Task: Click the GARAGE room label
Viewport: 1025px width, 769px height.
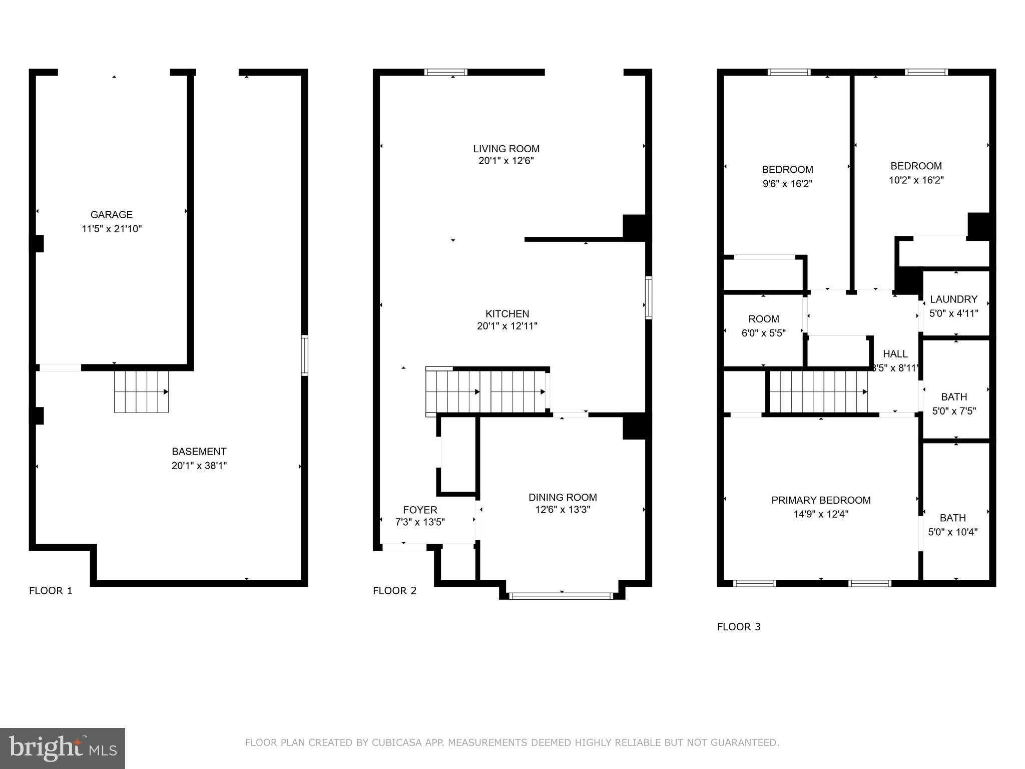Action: (111, 215)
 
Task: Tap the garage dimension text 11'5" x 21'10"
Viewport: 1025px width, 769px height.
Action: (112, 229)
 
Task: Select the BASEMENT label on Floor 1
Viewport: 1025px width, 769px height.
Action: (199, 451)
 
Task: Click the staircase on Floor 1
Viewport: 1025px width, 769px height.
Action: (142, 392)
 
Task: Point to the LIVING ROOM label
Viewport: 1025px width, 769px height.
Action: (506, 149)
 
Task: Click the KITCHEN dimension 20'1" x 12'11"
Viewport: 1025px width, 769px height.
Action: (507, 326)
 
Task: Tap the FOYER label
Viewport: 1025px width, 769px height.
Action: (420, 510)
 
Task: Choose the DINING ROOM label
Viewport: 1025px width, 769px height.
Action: (563, 497)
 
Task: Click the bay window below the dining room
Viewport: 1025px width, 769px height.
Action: (561, 596)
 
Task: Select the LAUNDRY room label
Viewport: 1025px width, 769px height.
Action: (953, 299)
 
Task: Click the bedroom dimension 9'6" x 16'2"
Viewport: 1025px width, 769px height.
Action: (787, 184)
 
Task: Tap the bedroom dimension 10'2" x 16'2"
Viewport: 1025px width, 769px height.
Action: (916, 180)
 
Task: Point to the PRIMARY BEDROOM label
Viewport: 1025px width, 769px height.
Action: (821, 500)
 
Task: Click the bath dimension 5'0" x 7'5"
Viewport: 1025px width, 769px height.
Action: (954, 412)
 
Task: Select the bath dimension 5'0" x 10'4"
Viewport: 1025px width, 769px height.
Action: (953, 532)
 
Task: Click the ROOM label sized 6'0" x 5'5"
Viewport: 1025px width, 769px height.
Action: (763, 319)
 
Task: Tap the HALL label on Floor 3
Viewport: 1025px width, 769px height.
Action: (895, 354)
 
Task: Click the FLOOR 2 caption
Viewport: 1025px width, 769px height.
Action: (394, 591)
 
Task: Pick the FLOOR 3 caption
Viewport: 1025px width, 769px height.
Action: (739, 627)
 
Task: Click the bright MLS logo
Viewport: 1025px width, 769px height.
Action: (63, 748)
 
